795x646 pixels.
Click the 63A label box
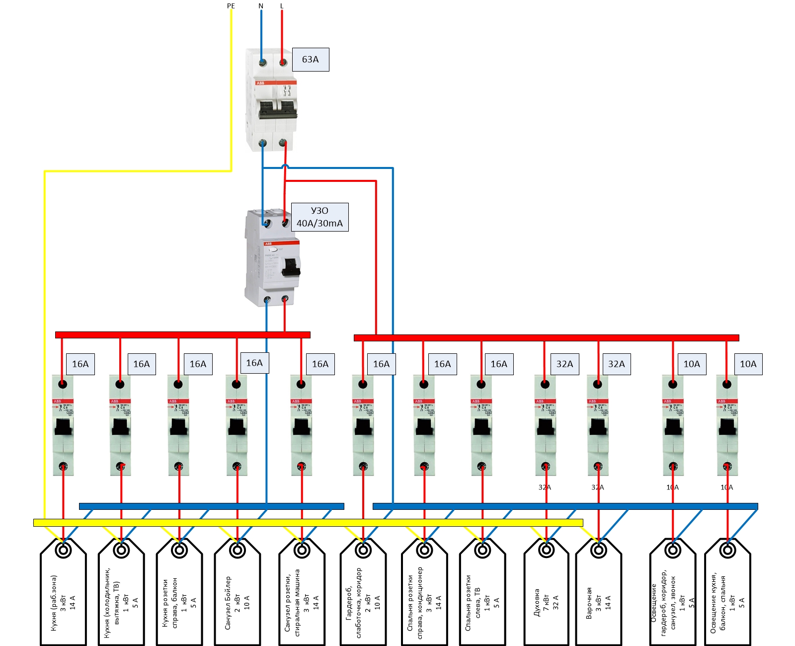(x=311, y=60)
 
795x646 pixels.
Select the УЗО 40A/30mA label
(x=319, y=217)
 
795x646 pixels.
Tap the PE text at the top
(x=231, y=6)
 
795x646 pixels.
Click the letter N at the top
(x=261, y=6)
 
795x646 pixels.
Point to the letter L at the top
(x=282, y=6)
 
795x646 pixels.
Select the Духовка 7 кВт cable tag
(x=547, y=596)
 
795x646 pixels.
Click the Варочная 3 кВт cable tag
(x=598, y=596)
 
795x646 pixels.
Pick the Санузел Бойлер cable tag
(x=237, y=596)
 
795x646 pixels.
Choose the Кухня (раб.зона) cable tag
(x=63, y=596)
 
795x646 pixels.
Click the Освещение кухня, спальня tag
(x=727, y=596)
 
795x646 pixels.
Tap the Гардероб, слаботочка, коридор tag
(x=363, y=596)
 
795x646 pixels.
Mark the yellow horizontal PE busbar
(x=308, y=523)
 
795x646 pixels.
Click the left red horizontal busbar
(x=182, y=335)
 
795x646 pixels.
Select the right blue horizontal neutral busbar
(x=565, y=506)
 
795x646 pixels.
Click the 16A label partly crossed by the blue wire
(x=254, y=363)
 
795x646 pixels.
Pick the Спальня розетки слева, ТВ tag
(x=482, y=596)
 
